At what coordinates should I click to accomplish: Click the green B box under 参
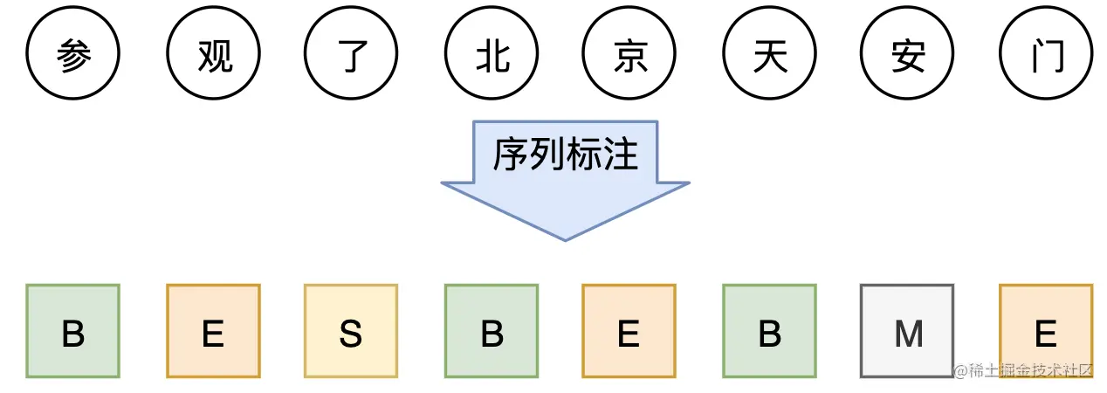tap(73, 331)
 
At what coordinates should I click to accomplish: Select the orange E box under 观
tap(213, 331)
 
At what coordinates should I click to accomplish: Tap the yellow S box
tap(351, 331)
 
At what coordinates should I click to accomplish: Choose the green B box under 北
tap(492, 331)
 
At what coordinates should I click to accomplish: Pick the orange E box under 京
tap(629, 331)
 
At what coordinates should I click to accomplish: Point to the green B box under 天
tap(769, 331)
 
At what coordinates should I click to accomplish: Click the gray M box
tap(907, 331)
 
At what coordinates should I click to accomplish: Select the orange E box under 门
tap(1046, 331)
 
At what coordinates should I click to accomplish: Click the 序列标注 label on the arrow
tap(565, 155)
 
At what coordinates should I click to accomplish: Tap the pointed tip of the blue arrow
tap(566, 238)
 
